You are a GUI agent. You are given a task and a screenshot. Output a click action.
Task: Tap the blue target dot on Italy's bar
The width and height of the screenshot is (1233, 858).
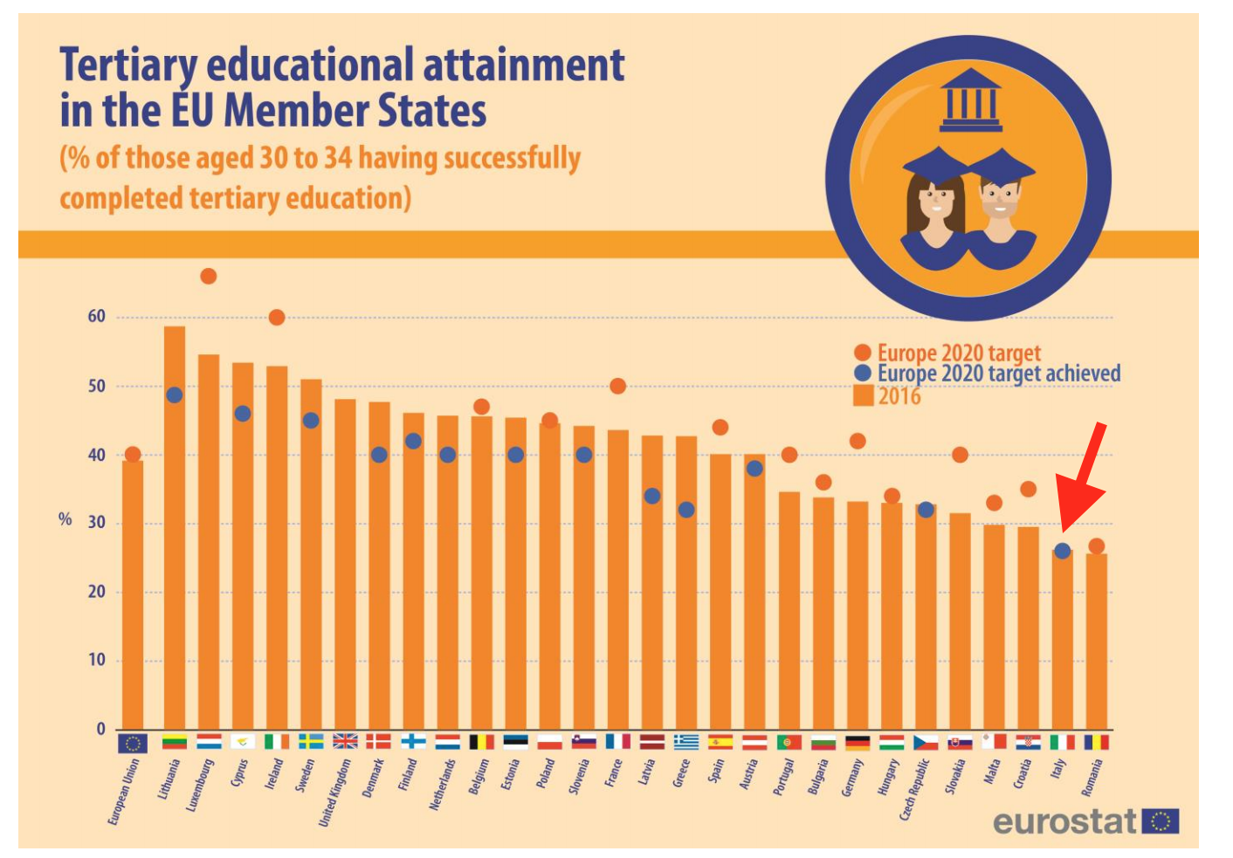coord(1062,551)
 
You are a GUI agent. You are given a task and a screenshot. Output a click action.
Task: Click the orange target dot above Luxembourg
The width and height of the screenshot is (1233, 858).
coord(209,277)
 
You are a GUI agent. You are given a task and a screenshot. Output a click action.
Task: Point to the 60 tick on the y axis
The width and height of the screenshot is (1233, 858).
coord(96,317)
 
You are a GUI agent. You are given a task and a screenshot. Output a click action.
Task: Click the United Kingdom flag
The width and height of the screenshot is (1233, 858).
coord(345,742)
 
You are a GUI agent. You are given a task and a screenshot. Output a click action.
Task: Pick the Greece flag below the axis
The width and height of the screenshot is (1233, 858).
coord(686,742)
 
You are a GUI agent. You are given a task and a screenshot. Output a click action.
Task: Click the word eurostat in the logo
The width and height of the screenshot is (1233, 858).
coord(1064,822)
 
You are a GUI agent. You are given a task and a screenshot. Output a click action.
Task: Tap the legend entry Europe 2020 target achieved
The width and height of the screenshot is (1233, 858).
coord(998,374)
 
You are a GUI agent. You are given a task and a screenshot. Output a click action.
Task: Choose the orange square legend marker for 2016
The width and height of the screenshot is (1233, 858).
coord(863,396)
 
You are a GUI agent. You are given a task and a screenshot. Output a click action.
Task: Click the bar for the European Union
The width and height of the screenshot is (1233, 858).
coord(133,594)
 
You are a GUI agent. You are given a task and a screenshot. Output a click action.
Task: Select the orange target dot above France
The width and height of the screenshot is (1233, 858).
coord(618,386)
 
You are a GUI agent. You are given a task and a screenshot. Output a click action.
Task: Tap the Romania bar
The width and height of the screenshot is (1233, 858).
coord(1097,642)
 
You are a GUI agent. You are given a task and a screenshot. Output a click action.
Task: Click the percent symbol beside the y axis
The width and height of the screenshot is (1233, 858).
coord(65,519)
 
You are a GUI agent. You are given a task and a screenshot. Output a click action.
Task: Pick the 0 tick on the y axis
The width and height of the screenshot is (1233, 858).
coord(101,729)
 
